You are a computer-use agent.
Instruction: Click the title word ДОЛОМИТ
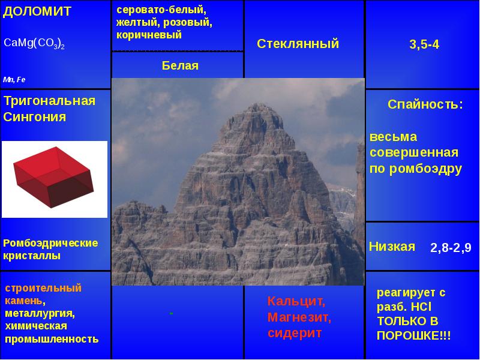point(37,11)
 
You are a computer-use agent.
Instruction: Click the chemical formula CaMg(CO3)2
point(34,43)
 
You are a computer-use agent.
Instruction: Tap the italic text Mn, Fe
point(14,80)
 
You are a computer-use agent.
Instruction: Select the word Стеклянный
point(298,44)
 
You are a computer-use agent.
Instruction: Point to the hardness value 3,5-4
point(424,44)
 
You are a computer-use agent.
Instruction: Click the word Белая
point(180,65)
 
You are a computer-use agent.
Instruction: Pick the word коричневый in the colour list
point(149,35)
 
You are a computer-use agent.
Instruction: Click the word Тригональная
point(49,101)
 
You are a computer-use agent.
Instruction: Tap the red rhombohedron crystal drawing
point(53,177)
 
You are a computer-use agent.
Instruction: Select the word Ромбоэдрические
point(50,243)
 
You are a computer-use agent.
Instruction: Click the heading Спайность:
point(425,104)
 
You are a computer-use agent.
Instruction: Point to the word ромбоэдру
point(425,169)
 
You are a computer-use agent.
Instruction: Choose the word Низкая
point(392,247)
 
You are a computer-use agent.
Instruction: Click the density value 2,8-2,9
point(451,248)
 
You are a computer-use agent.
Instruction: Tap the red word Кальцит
point(296,302)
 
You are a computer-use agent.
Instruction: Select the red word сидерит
point(295,333)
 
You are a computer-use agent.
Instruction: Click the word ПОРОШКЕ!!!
point(413,336)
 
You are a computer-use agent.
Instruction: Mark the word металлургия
point(40,314)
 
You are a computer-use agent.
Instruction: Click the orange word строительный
point(43,288)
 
